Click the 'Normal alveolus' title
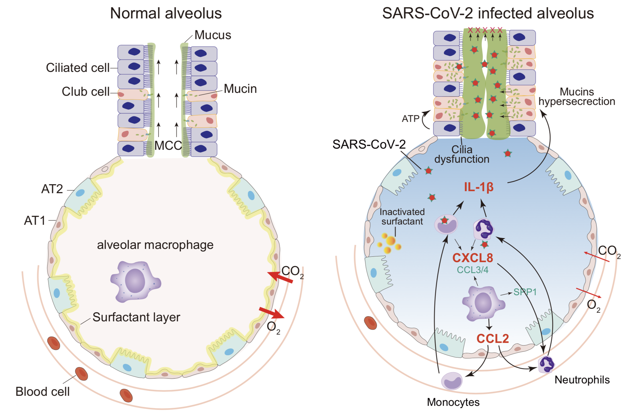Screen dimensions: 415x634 (166, 13)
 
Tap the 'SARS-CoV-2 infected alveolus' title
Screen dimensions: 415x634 (488, 13)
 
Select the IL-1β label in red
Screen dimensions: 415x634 (479, 187)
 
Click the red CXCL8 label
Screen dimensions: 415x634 (472, 258)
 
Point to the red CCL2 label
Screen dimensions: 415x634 (493, 339)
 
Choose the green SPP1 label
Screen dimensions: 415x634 (525, 292)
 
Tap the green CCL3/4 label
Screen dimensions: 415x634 (472, 270)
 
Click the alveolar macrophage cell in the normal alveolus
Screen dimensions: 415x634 (135, 281)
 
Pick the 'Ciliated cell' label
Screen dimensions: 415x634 (78, 68)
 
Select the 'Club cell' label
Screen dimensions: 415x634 (85, 92)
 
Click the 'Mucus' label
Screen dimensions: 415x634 (213, 35)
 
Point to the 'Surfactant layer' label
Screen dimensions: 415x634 (136, 317)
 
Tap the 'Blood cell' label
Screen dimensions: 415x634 (43, 391)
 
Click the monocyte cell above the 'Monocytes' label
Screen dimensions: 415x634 (452, 381)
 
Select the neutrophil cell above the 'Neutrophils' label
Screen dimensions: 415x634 (546, 364)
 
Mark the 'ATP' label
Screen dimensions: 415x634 (410, 118)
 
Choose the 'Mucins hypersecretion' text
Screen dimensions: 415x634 (577, 97)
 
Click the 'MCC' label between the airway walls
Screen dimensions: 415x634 (168, 145)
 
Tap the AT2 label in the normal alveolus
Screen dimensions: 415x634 (52, 189)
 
